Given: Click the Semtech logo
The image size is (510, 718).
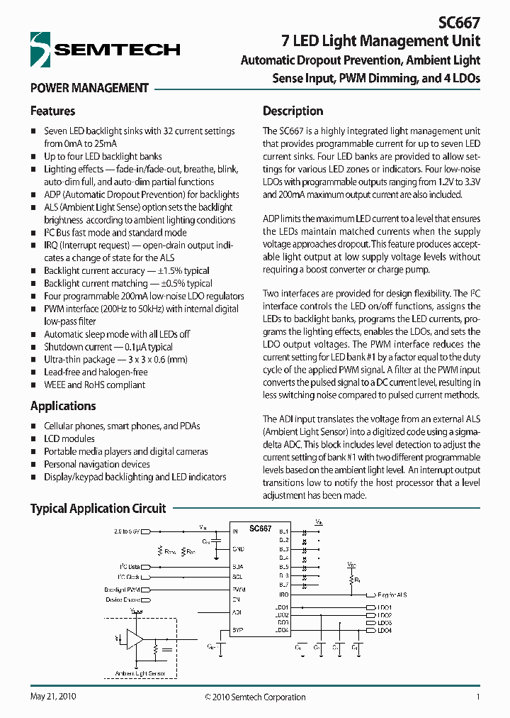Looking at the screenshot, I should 106,49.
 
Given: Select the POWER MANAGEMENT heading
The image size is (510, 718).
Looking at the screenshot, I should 89,88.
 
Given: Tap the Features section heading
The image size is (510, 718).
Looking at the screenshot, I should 52,111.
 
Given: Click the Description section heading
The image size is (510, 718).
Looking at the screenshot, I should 293,111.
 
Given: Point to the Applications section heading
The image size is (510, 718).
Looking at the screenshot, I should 63,406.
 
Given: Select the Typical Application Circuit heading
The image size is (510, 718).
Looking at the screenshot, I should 98,509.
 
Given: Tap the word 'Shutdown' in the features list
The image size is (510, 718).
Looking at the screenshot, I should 63,347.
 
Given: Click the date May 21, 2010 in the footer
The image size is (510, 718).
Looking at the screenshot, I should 53,697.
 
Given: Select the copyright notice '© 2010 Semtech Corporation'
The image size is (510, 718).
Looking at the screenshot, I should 255,697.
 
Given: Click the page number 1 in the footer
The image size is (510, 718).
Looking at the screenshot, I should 478,697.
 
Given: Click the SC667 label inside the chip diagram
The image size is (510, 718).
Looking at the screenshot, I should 260,529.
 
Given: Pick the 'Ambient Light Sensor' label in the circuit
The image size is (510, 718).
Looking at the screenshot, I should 140,673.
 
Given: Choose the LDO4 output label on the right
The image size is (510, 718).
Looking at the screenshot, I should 385,630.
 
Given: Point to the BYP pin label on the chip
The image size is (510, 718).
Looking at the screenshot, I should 238,629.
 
